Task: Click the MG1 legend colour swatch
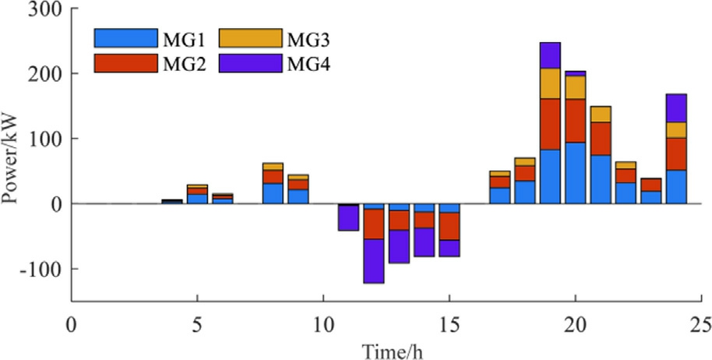[125, 37]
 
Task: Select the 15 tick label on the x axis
[449, 322]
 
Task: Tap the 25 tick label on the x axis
[701, 322]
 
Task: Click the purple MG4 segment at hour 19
[550, 55]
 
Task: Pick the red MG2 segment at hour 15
[449, 226]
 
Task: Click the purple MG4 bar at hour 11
[348, 218]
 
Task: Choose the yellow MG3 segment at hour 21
[601, 115]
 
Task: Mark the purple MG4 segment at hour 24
[676, 108]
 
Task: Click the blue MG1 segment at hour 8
[273, 193]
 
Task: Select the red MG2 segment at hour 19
[550, 124]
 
